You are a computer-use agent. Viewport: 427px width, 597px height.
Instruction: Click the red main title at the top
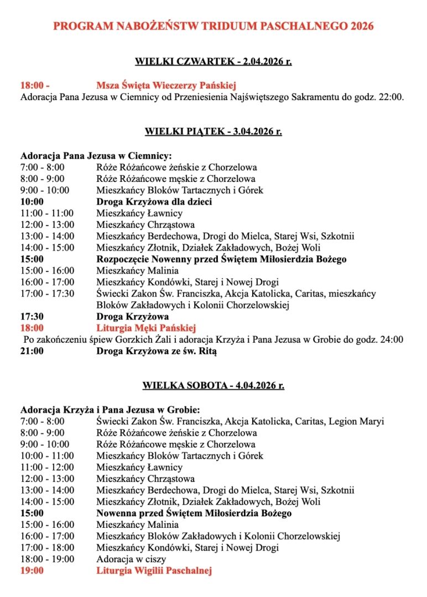(213, 26)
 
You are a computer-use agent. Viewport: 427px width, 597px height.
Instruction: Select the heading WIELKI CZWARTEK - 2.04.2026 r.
(213, 61)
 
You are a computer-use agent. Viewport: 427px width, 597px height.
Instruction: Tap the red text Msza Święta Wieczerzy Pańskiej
(166, 86)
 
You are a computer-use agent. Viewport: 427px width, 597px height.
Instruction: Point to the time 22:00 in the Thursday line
(392, 97)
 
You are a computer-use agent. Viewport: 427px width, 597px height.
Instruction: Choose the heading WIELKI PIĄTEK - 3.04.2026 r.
(213, 132)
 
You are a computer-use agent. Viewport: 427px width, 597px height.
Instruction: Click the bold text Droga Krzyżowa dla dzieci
(154, 202)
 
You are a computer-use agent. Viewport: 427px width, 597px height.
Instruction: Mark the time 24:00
(392, 340)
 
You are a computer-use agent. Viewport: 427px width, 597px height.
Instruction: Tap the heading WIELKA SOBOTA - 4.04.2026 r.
(213, 386)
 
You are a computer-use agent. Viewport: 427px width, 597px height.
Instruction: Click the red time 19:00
(32, 571)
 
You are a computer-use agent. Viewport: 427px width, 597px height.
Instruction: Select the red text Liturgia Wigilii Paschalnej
(154, 571)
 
